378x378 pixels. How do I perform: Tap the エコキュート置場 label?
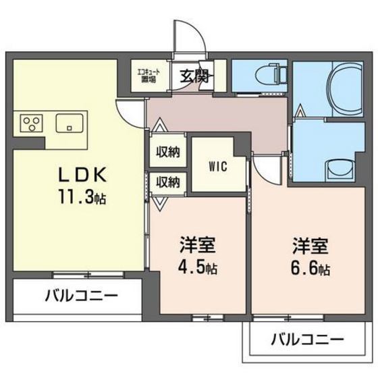pos(148,73)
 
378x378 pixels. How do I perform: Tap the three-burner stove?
pos(30,123)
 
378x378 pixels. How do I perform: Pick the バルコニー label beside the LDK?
pos(82,295)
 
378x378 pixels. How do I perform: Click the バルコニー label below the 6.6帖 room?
pos(308,338)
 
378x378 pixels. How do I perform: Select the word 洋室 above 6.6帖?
pos(311,243)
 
